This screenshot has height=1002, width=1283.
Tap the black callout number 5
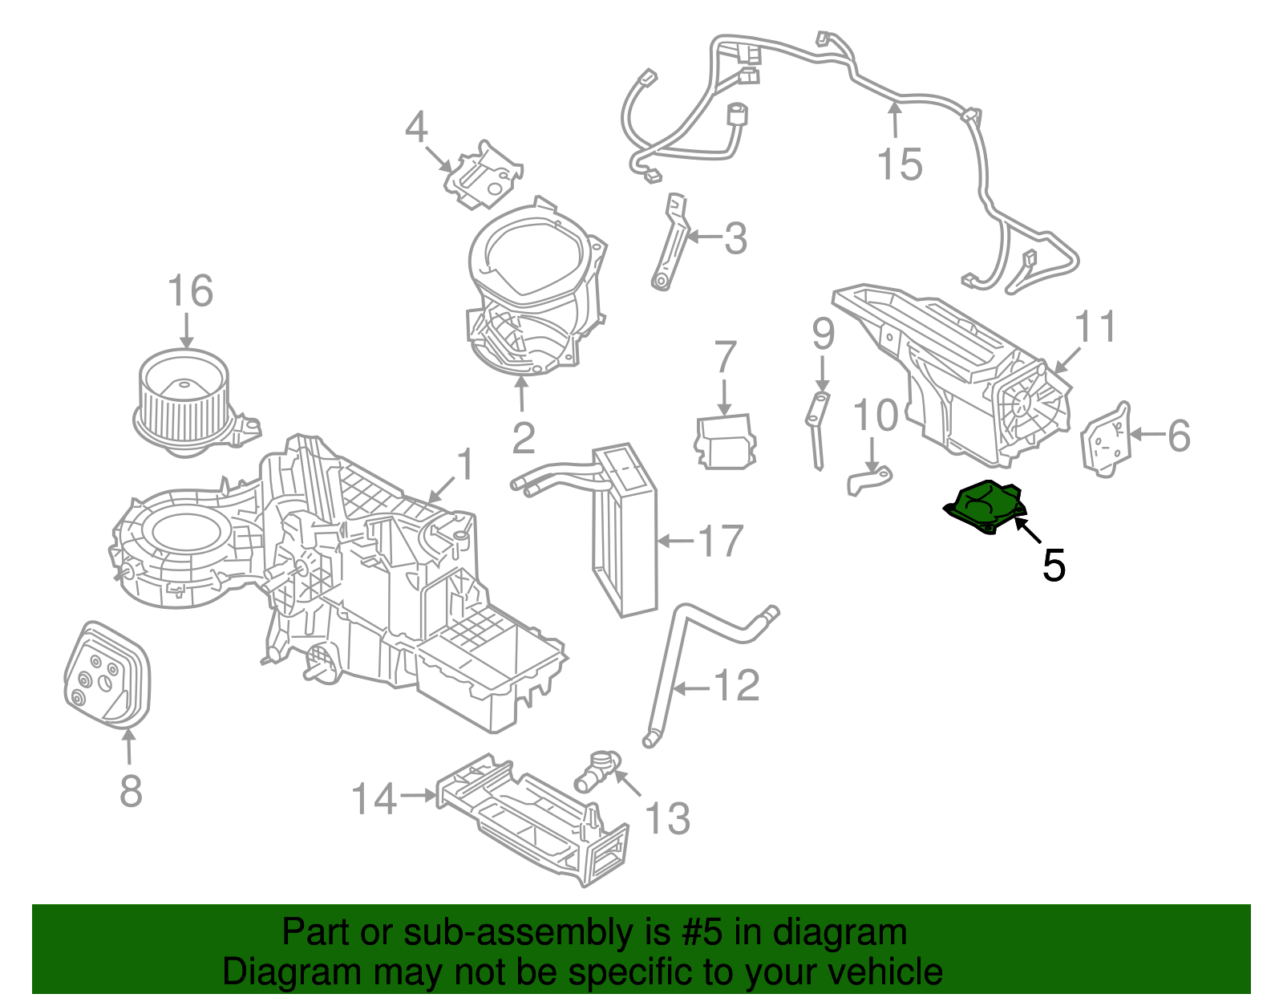tap(1053, 566)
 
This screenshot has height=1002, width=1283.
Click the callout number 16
tap(190, 291)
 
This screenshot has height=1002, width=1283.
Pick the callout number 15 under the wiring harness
tap(900, 164)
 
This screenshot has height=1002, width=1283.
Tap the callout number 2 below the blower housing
tap(523, 438)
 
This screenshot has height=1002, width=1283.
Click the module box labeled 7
tap(725, 441)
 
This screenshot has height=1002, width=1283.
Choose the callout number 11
tap(1095, 327)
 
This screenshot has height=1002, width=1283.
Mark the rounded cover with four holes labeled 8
tap(107, 675)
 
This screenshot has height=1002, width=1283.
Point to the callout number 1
tap(465, 464)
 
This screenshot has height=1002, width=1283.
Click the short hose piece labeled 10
tap(869, 481)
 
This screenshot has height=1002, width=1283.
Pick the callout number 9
tap(823, 335)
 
